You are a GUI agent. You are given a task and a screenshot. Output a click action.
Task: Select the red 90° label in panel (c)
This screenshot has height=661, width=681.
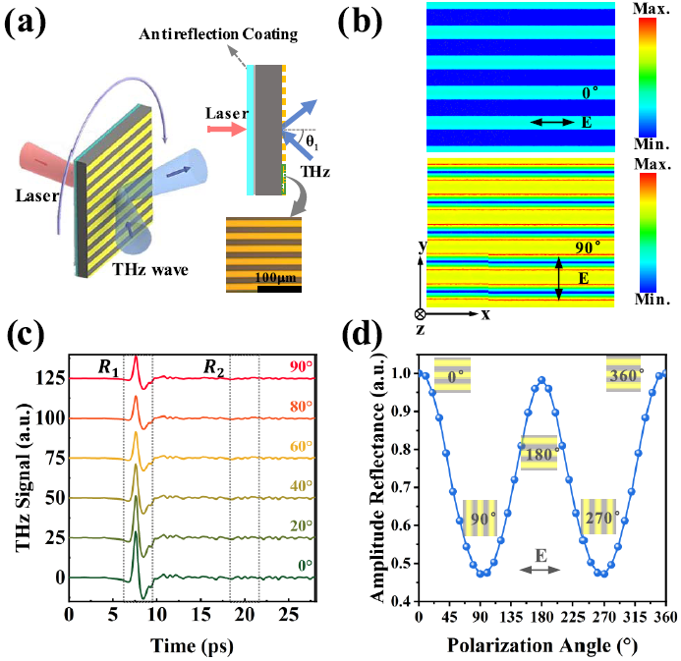click(301, 367)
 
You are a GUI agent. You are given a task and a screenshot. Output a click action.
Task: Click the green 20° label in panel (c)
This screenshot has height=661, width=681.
click(301, 527)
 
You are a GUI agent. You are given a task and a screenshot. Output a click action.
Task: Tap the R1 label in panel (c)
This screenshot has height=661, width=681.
click(107, 368)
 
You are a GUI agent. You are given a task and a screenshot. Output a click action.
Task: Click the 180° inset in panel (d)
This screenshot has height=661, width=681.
click(539, 453)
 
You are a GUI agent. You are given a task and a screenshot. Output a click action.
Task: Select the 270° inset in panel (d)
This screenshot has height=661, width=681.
click(599, 516)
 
